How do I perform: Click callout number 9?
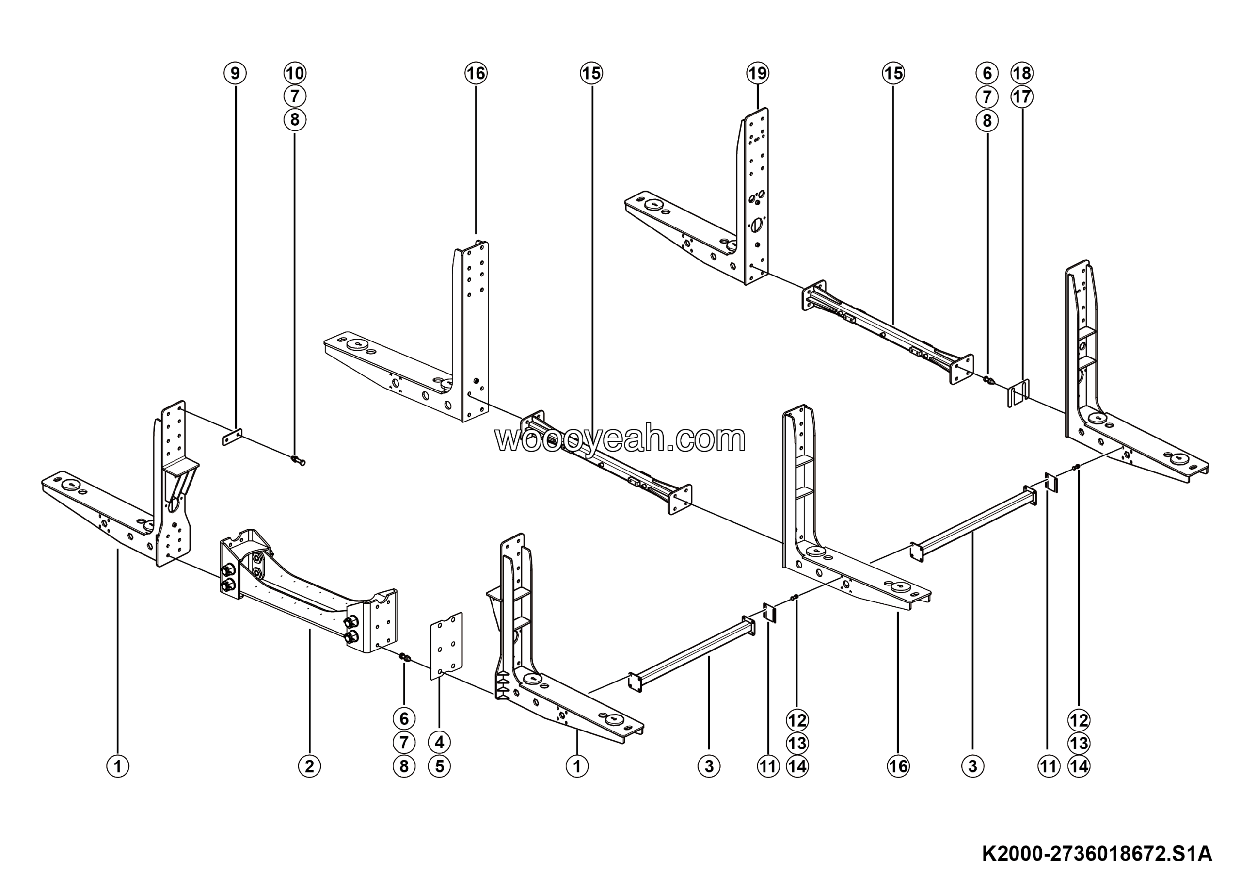point(235,73)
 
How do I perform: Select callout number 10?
point(295,73)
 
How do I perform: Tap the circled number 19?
point(757,73)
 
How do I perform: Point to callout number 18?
point(1021,73)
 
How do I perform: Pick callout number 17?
point(1021,97)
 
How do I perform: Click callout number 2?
point(309,766)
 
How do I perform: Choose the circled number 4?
point(439,742)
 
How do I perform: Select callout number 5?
point(439,766)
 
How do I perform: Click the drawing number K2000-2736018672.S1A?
point(1097,854)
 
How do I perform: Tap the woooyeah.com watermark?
point(620,439)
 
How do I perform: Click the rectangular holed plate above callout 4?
point(446,646)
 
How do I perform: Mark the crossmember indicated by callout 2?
point(308,589)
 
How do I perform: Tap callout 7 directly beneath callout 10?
point(295,96)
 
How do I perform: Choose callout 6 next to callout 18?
point(987,73)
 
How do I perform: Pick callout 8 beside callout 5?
point(404,766)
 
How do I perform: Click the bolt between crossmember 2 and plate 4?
point(405,657)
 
